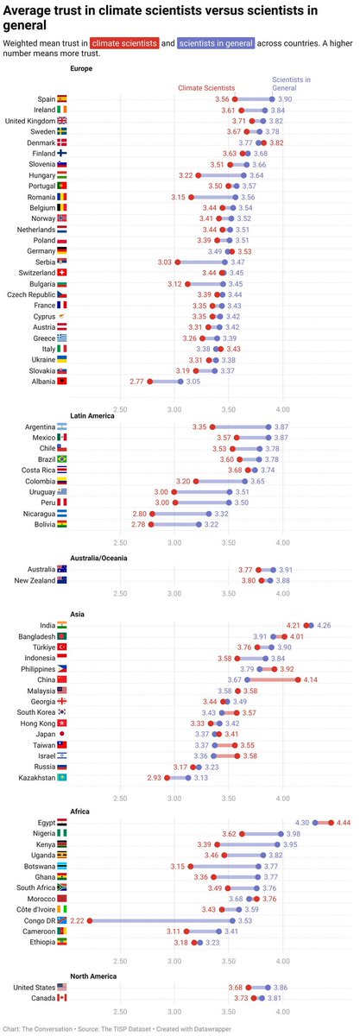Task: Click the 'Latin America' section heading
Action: point(94,416)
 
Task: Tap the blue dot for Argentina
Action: point(268,426)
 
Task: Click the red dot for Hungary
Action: point(199,175)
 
